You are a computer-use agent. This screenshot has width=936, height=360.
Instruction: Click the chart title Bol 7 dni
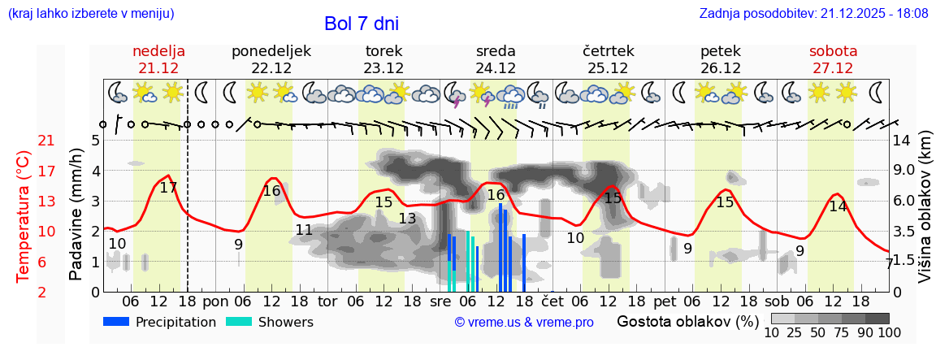361,24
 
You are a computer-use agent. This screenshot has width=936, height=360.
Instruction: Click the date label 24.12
496,68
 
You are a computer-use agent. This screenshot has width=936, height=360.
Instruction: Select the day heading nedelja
159,51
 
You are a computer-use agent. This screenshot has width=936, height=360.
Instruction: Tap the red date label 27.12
833,68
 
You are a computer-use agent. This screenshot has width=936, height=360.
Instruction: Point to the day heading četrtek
608,51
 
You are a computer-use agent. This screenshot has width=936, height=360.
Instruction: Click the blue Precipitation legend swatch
116,322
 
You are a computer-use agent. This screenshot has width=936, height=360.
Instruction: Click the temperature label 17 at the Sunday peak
168,188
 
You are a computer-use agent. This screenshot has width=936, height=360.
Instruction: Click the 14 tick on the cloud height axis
902,141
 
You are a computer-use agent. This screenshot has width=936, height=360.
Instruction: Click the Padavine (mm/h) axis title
76,215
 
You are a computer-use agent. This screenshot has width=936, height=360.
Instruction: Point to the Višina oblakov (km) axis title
925,215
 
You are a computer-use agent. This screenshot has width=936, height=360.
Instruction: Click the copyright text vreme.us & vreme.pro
524,323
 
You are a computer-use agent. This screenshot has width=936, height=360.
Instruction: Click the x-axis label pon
214,301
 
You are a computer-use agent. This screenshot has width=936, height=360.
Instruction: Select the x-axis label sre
440,301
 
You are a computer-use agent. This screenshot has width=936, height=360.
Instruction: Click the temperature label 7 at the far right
889,263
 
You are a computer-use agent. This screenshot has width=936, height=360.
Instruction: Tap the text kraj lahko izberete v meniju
90,14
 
